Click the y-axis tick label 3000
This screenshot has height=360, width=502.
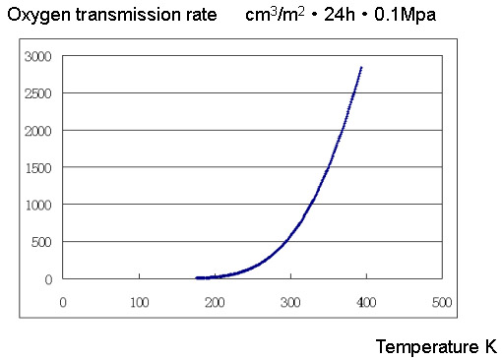pos(38,56)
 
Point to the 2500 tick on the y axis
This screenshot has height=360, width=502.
pos(38,93)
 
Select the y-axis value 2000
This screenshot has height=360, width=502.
pos(38,131)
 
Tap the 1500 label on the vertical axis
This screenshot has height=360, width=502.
pos(38,167)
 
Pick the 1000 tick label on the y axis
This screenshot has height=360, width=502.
pos(38,205)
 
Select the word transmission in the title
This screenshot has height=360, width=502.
pos(123,16)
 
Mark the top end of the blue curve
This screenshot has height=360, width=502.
pos(361,68)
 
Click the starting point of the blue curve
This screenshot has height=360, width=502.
pos(197,277)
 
